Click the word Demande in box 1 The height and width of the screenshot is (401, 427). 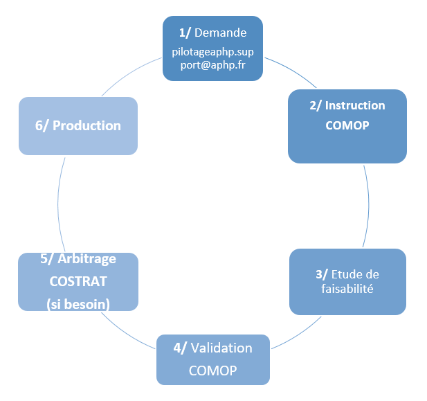click(x=221, y=33)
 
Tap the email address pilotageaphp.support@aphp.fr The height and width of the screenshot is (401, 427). click(x=212, y=58)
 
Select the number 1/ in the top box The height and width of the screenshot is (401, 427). click(x=185, y=33)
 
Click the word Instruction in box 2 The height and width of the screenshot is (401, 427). click(x=355, y=106)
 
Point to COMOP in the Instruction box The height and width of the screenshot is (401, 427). click(x=347, y=127)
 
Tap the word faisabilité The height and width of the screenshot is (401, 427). click(x=348, y=289)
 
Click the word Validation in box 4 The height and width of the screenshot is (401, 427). click(x=221, y=348)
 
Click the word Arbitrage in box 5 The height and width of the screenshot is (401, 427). click(x=87, y=259)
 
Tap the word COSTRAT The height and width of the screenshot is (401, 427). click(x=78, y=282)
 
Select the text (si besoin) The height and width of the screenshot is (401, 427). click(x=78, y=304)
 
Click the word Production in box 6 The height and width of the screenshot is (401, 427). click(x=87, y=125)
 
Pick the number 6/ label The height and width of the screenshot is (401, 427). click(x=42, y=125)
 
